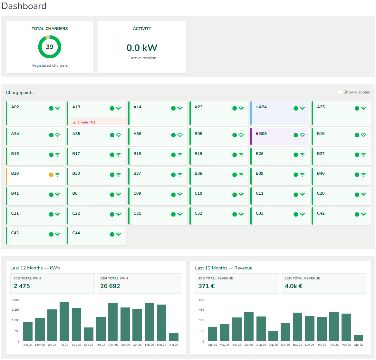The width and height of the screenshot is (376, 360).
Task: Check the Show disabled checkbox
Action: point(340,92)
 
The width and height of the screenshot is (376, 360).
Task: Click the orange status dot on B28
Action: point(51,175)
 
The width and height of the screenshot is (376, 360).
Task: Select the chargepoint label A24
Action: point(263,107)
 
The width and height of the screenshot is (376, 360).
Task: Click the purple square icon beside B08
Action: point(257,134)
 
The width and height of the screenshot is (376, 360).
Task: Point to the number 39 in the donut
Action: point(50,47)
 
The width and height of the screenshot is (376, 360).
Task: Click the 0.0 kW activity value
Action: point(142,48)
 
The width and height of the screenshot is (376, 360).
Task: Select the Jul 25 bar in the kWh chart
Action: point(64,321)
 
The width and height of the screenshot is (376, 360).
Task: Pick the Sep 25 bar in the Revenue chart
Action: point(273,336)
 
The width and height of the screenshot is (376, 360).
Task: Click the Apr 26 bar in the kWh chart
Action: point(174,337)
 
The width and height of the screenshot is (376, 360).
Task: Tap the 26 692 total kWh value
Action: point(110,286)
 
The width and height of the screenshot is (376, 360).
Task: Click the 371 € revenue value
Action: point(207,286)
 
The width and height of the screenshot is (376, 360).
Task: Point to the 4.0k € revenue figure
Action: point(294,286)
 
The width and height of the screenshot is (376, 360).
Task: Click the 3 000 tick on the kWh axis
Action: point(16,300)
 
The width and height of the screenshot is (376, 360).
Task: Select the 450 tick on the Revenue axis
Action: point(202,310)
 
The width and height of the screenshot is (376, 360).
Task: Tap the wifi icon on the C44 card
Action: point(119,234)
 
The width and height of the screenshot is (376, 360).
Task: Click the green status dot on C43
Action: point(51,234)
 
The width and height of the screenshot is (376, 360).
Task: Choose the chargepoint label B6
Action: point(75,193)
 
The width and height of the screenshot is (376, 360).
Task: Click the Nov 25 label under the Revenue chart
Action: point(298,345)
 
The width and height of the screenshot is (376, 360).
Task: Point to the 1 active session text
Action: point(142,58)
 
